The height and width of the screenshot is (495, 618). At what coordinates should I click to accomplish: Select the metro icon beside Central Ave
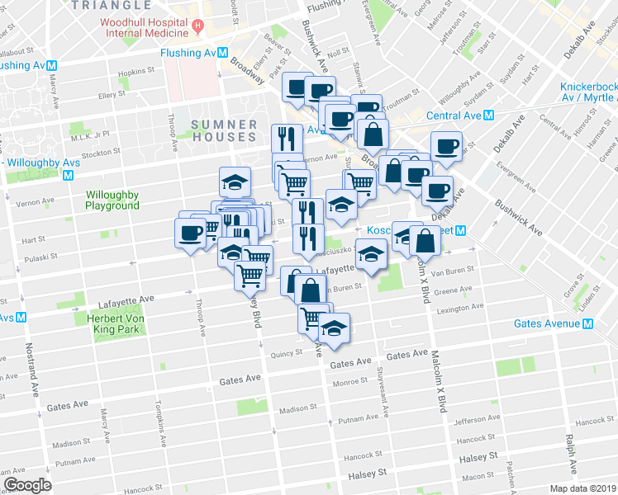pyautogui.click(x=489, y=115)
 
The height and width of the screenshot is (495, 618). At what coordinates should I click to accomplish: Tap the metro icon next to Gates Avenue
pyautogui.click(x=588, y=324)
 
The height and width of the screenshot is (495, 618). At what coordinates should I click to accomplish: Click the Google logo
pyautogui.click(x=27, y=484)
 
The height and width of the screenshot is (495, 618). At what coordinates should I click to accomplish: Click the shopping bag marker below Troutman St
pyautogui.click(x=373, y=135)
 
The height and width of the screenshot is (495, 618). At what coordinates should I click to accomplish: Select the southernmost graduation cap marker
pyautogui.click(x=334, y=329)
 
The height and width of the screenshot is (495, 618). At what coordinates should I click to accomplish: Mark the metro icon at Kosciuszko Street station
pyautogui.click(x=463, y=232)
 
